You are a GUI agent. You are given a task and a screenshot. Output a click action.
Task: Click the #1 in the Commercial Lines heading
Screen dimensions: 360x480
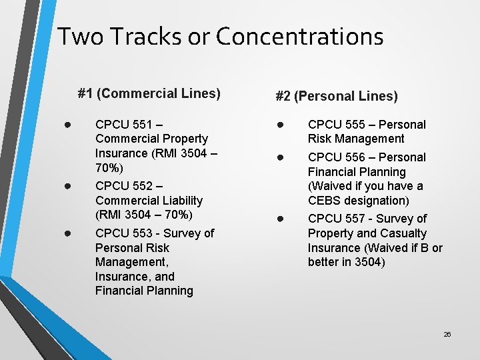(x=85, y=93)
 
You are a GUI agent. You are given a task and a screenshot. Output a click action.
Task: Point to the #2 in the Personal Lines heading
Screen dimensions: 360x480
(x=283, y=97)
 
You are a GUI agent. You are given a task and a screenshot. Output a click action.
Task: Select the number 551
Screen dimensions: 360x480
(x=141, y=124)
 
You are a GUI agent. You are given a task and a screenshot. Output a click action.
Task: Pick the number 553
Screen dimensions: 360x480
(x=141, y=233)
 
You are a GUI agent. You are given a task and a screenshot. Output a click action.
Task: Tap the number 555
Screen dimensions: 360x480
(x=353, y=125)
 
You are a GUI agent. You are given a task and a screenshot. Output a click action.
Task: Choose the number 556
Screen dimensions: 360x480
(x=353, y=157)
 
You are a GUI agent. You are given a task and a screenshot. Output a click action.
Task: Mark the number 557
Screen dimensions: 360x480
(x=353, y=219)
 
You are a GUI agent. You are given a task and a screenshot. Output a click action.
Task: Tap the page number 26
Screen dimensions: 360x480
(x=447, y=334)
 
